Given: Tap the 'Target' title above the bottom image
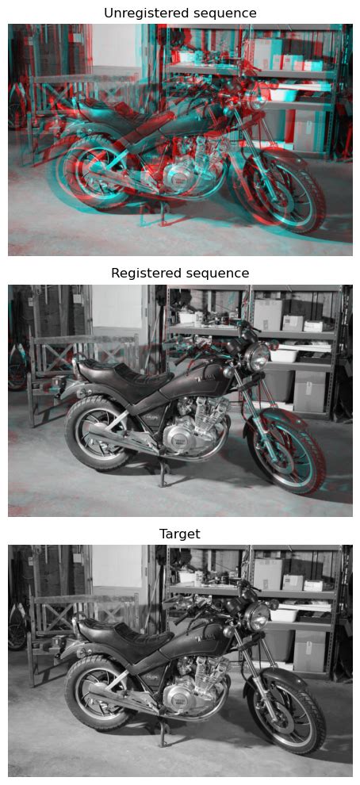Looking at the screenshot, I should click(180, 534).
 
